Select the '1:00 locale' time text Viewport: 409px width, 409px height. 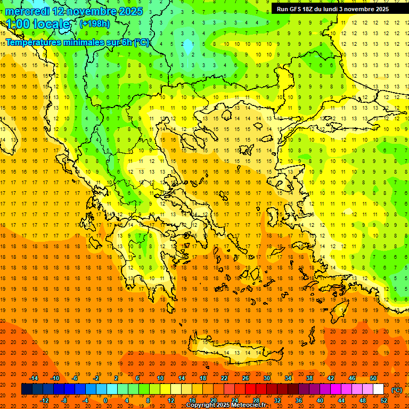point(38,24)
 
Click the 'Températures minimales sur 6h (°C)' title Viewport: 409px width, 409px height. point(78,42)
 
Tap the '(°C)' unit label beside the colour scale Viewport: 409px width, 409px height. point(397,390)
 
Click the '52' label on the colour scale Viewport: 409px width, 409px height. point(384,400)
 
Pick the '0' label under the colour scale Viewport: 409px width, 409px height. point(105,400)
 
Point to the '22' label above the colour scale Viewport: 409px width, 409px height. point(224,378)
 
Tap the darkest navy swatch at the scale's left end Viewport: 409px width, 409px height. point(27,389)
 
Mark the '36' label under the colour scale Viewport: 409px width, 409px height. point(299,400)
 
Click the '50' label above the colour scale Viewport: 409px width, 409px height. point(373,378)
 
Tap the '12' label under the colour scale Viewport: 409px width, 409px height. point(171,400)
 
